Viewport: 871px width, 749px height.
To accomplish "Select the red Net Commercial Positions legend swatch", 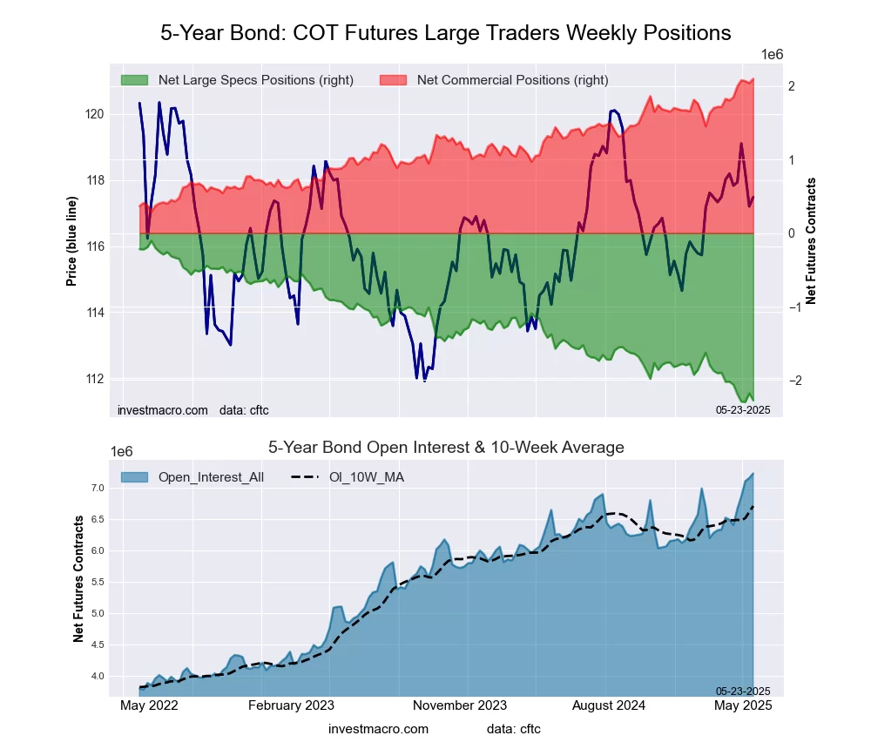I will (x=393, y=80).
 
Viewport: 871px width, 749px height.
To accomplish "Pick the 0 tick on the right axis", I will (x=791, y=233).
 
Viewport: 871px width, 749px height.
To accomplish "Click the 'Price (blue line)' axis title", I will (x=71, y=246).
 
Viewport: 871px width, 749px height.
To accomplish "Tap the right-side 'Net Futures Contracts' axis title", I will (x=811, y=240).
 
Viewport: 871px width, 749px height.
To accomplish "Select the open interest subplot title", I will (x=446, y=448).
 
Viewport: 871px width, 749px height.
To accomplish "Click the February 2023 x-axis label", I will (x=291, y=705).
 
